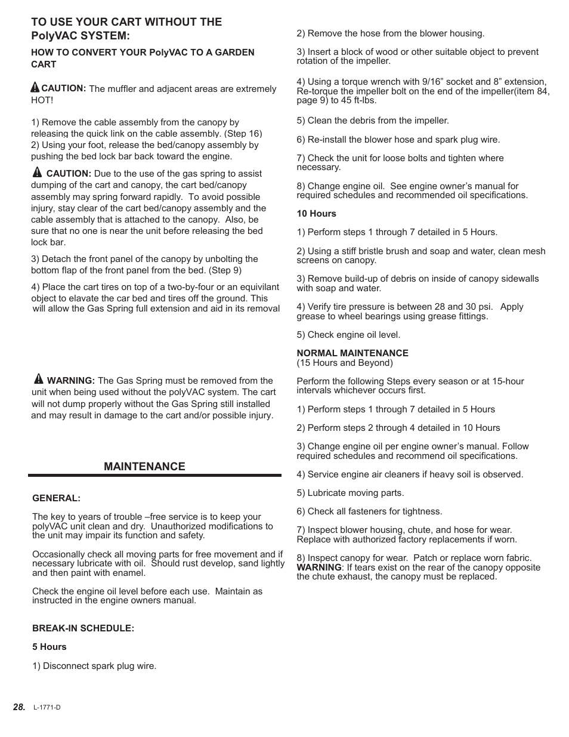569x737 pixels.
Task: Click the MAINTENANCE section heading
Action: click(x=144, y=467)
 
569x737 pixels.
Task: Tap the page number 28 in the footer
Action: click(x=19, y=707)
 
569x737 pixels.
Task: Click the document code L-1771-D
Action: click(x=47, y=708)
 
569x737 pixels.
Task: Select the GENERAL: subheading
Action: click(x=56, y=498)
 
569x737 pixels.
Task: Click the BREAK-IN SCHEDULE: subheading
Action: click(x=83, y=628)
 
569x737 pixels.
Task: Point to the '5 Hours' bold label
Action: click(x=50, y=647)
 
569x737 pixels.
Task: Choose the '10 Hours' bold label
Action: click(x=316, y=214)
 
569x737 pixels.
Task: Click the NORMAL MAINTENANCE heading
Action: click(x=352, y=353)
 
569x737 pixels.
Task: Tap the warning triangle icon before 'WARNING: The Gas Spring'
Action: click(x=39, y=379)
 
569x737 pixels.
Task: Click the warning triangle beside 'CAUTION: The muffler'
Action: click(x=35, y=87)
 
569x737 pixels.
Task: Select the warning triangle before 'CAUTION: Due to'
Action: click(x=38, y=172)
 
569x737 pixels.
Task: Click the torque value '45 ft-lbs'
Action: click(x=358, y=100)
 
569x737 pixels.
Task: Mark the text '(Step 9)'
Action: click(x=225, y=270)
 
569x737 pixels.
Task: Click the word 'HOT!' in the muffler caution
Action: click(x=42, y=100)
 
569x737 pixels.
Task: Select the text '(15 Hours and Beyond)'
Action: click(x=345, y=363)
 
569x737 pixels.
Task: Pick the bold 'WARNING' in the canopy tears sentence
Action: click(x=319, y=568)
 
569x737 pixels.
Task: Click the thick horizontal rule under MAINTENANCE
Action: click(x=154, y=476)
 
